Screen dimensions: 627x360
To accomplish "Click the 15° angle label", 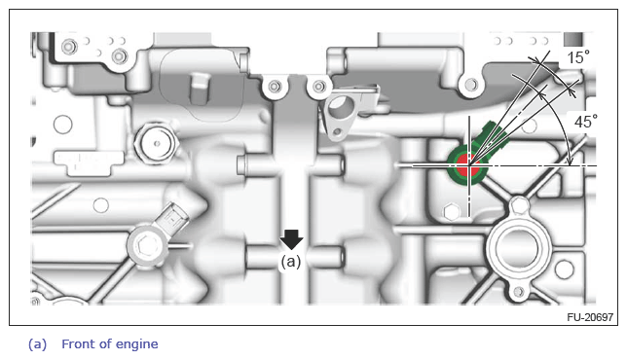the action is pyautogui.click(x=578, y=57).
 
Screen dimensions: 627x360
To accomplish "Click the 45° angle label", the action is pyautogui.click(x=586, y=122).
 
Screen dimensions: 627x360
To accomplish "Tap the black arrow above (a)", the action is pyautogui.click(x=291, y=239).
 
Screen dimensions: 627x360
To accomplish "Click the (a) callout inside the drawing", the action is pyautogui.click(x=291, y=262).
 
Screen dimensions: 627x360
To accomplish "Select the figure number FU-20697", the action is pyautogui.click(x=590, y=317).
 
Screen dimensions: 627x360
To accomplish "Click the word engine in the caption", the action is pyautogui.click(x=136, y=344).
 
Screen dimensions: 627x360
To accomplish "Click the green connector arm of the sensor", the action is pyautogui.click(x=491, y=138).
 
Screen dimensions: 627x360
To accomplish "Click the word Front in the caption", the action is pyautogui.click(x=78, y=343).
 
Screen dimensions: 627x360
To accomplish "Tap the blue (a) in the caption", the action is pyautogui.click(x=37, y=344).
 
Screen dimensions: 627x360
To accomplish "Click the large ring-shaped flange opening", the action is pyautogui.click(x=518, y=248).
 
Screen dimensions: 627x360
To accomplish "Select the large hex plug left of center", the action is pyautogui.click(x=157, y=143).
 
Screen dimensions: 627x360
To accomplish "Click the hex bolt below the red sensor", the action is pyautogui.click(x=452, y=212).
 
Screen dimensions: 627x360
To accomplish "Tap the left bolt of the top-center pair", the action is pyautogui.click(x=275, y=87).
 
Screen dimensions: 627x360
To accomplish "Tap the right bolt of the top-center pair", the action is pyautogui.click(x=318, y=87).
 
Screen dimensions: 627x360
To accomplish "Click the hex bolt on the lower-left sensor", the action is pyautogui.click(x=143, y=244).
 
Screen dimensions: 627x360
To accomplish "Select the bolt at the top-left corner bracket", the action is pyautogui.click(x=69, y=47).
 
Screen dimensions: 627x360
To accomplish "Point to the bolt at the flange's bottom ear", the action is pyautogui.click(x=519, y=291).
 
